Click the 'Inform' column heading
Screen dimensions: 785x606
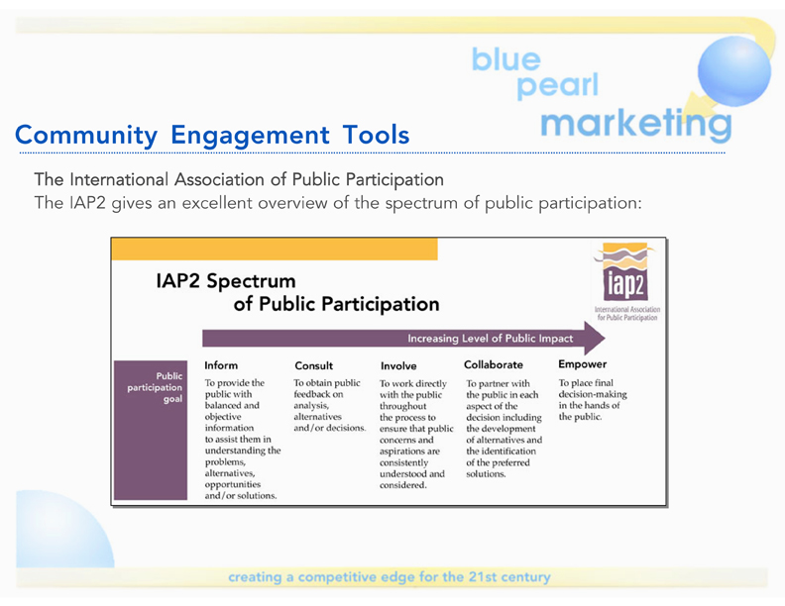[221, 365]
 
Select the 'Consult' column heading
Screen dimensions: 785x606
[314, 365]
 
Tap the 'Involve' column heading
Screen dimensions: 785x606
[398, 366]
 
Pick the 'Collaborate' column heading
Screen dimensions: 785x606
[494, 364]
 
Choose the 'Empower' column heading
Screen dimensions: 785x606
[583, 364]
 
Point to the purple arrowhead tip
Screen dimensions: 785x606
[605, 338]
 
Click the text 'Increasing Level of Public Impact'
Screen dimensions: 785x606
[490, 339]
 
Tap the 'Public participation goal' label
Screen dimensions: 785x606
[155, 387]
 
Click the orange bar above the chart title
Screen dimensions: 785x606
[275, 249]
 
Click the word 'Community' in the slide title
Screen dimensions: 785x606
[86, 135]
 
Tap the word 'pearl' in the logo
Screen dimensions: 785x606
[557, 85]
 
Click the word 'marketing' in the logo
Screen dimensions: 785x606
[635, 124]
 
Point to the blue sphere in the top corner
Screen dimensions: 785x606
[734, 71]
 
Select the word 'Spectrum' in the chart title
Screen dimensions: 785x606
[251, 281]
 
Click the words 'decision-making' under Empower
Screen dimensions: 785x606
[593, 394]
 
